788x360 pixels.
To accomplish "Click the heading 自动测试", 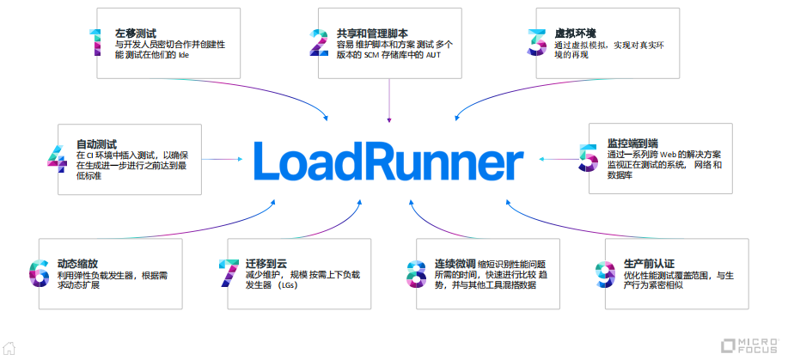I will pyautogui.click(x=96, y=143).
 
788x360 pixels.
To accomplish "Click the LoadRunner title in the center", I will pyautogui.click(x=388, y=161).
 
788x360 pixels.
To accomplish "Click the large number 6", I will pyautogui.click(x=40, y=273).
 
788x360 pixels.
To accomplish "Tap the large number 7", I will pyautogui.click(x=228, y=273).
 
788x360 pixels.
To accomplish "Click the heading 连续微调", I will pyautogui.click(x=454, y=262).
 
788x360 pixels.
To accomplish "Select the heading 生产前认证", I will pyautogui.click(x=651, y=262).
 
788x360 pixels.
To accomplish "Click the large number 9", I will pyautogui.click(x=604, y=273).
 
